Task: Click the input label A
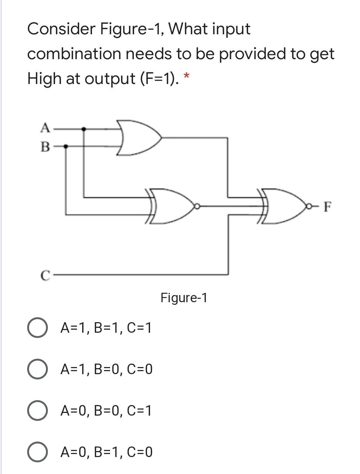[45, 128]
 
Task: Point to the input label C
[45, 275]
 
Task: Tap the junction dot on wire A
[84, 129]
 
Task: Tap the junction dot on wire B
[66, 146]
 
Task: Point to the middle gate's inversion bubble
[196, 206]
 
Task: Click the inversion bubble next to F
[311, 206]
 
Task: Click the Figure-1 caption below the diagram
[184, 298]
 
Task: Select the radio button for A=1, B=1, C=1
[37, 328]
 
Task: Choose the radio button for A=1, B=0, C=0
[37, 369]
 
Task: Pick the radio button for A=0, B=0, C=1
[37, 411]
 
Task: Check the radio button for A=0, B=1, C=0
[37, 452]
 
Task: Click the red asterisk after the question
[186, 77]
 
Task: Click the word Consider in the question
[61, 29]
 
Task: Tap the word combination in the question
[74, 54]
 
